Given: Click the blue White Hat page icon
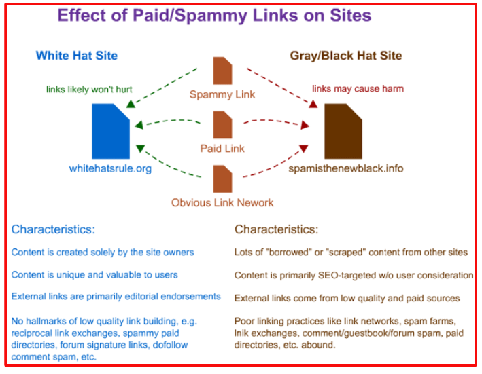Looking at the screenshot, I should (110, 132).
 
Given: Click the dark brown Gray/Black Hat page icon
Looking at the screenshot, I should (342, 132).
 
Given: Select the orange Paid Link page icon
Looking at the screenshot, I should (222, 125).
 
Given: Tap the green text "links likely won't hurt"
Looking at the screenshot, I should (88, 89).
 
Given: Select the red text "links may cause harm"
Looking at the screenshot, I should (357, 89).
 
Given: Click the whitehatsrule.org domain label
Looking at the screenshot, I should (109, 168).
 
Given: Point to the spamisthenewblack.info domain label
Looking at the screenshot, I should (345, 168).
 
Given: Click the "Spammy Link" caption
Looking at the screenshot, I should (222, 94).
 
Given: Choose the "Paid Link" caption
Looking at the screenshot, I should (222, 148).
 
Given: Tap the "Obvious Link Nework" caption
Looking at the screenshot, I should (222, 202).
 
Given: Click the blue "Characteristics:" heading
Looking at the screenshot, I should (53, 229).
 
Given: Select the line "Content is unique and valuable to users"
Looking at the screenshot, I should (94, 274).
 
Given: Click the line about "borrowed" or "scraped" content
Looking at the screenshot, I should (351, 253).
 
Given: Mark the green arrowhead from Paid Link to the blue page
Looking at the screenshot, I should (139, 126).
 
